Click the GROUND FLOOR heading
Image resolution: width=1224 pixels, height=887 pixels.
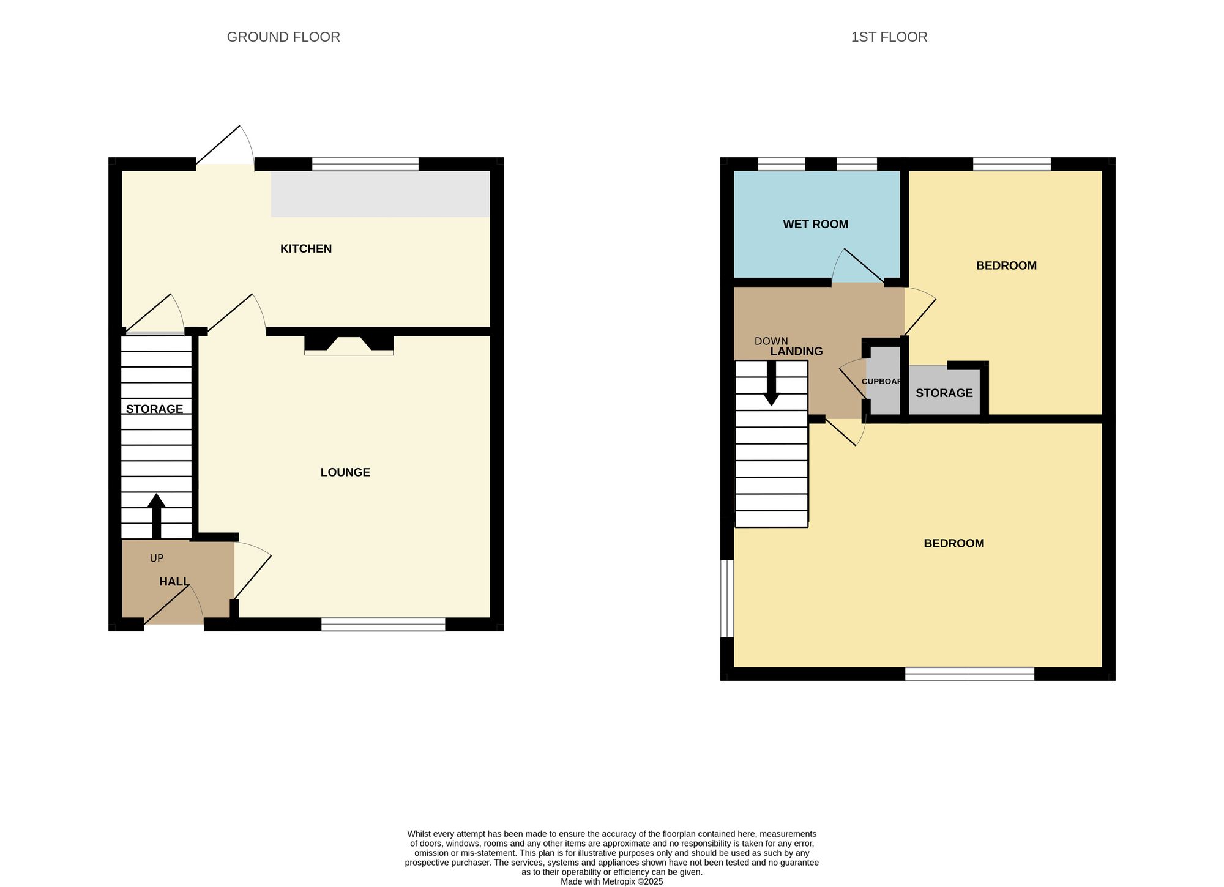283,37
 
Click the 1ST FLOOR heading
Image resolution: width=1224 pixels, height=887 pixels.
889,37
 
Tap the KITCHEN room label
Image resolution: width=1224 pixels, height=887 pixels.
306,249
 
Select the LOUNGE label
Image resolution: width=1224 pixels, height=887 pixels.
345,472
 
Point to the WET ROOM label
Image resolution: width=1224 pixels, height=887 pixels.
815,225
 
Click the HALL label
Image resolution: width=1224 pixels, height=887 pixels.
174,582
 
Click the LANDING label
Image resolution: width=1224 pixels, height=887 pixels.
796,352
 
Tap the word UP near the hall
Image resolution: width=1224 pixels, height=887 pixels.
157,559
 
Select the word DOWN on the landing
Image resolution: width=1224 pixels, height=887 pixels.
771,341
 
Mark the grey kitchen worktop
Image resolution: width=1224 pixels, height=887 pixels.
380,194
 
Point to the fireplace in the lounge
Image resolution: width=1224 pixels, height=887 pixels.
349,344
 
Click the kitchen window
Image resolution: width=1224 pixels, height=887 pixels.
365,164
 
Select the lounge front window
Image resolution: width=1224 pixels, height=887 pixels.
383,625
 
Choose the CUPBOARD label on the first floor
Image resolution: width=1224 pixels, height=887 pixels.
882,382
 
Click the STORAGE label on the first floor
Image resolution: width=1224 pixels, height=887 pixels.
944,393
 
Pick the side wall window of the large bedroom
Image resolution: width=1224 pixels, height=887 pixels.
726,598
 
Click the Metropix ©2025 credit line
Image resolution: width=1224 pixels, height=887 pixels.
611,881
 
